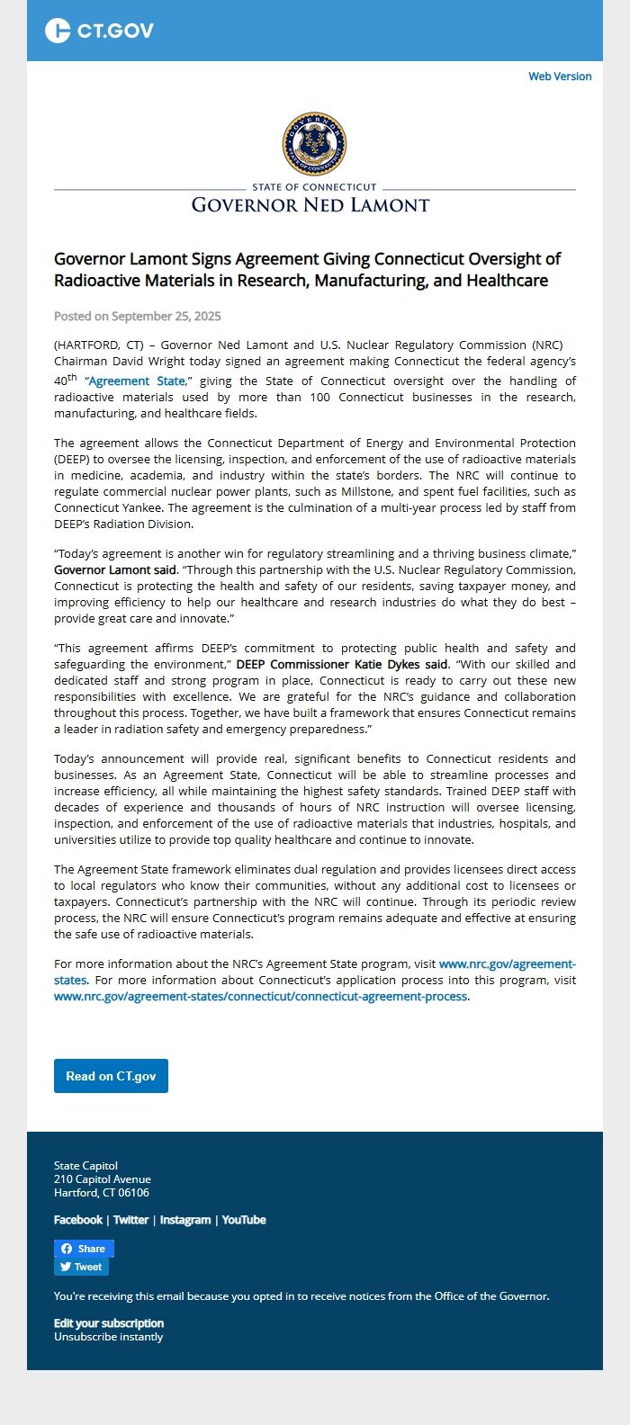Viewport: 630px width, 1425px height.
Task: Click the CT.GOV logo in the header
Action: coord(99,31)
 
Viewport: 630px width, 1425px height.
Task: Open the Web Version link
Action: coord(560,76)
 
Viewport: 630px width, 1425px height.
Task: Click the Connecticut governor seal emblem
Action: coord(314,144)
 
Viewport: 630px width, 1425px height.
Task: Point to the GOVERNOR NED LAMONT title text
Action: coord(310,205)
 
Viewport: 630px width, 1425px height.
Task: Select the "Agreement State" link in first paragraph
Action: coord(137,381)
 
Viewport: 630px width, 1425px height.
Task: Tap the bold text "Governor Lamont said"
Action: coord(115,570)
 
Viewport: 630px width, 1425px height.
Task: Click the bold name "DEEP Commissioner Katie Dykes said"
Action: coord(342,665)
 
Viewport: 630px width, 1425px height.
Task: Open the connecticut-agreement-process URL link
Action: coord(261,997)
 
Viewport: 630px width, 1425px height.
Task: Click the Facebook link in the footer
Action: coord(78,1220)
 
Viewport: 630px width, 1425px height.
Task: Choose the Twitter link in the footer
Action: coord(130,1220)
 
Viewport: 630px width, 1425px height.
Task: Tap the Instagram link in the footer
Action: coord(185,1220)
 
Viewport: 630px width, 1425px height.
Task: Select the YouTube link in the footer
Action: coord(244,1220)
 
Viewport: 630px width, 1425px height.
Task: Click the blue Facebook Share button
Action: coord(84,1249)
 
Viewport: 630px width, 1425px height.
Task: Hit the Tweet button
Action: coord(81,1267)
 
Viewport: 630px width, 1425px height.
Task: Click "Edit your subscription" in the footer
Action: coord(109,1323)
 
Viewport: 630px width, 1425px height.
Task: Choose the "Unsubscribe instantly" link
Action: coord(109,1337)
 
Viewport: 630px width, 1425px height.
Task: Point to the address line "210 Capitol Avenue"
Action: coord(103,1179)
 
